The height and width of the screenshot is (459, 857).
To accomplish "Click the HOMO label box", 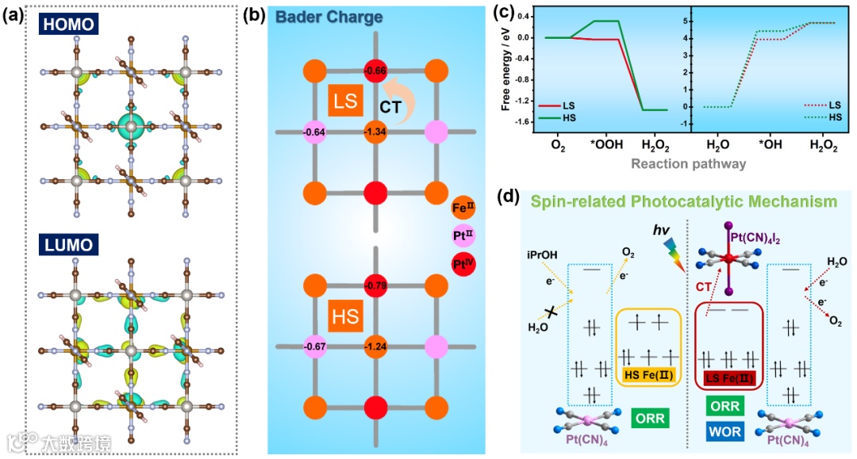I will click(69, 25).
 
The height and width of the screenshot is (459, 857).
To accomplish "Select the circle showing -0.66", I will click(375, 71).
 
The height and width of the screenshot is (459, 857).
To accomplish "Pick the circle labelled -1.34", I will click(375, 132).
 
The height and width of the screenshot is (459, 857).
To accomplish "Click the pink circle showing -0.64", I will click(316, 132).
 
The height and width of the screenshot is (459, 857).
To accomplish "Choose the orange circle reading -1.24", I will click(375, 346).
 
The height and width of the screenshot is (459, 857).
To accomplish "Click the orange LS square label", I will click(344, 102).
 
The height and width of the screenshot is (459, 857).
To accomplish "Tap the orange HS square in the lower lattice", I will click(344, 318).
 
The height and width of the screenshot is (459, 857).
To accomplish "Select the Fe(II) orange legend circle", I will click(463, 208).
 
